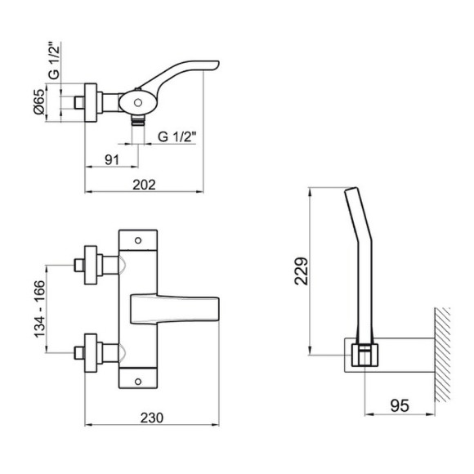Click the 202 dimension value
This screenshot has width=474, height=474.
[x=144, y=185]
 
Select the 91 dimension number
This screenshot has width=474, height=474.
[x=112, y=160]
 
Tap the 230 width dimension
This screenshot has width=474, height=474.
[x=152, y=418]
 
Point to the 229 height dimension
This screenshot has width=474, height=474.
[x=301, y=271]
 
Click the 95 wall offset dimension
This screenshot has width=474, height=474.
[x=400, y=405]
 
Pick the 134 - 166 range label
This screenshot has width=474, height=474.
[x=39, y=309]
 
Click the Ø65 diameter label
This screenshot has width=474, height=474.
[x=39, y=102]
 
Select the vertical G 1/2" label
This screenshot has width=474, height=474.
[x=55, y=61]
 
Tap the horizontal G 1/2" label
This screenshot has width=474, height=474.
[x=177, y=136]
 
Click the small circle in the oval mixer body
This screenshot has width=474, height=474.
[x=138, y=103]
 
